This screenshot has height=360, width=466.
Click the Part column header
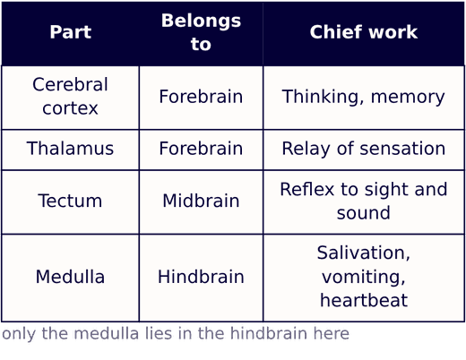tap(70, 32)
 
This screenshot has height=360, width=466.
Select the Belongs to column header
tap(201, 32)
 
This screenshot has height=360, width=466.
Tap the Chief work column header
tap(364, 32)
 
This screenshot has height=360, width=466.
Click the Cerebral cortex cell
tap(70, 98)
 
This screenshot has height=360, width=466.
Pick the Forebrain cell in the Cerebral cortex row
tap(201, 98)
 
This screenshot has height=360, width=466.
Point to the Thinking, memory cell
tap(364, 98)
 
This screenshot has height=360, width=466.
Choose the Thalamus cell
tap(70, 150)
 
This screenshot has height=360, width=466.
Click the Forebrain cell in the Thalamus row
tap(201, 150)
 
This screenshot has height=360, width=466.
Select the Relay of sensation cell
tap(364, 150)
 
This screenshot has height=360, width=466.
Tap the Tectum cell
tap(70, 202)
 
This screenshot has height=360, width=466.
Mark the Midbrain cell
tap(201, 202)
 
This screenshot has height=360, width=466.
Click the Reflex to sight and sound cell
tap(364, 202)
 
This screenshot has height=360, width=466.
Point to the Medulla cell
tap(70, 278)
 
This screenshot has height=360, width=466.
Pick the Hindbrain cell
tap(201, 278)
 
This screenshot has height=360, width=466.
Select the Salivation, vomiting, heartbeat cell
tap(364, 278)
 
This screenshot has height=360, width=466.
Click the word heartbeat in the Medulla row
tap(364, 300)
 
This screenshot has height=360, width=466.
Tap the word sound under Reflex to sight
tap(364, 212)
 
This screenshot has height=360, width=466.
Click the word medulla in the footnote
tap(107, 333)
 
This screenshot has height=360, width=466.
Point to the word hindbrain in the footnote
tap(269, 333)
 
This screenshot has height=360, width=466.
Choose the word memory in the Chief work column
tap(408, 98)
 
